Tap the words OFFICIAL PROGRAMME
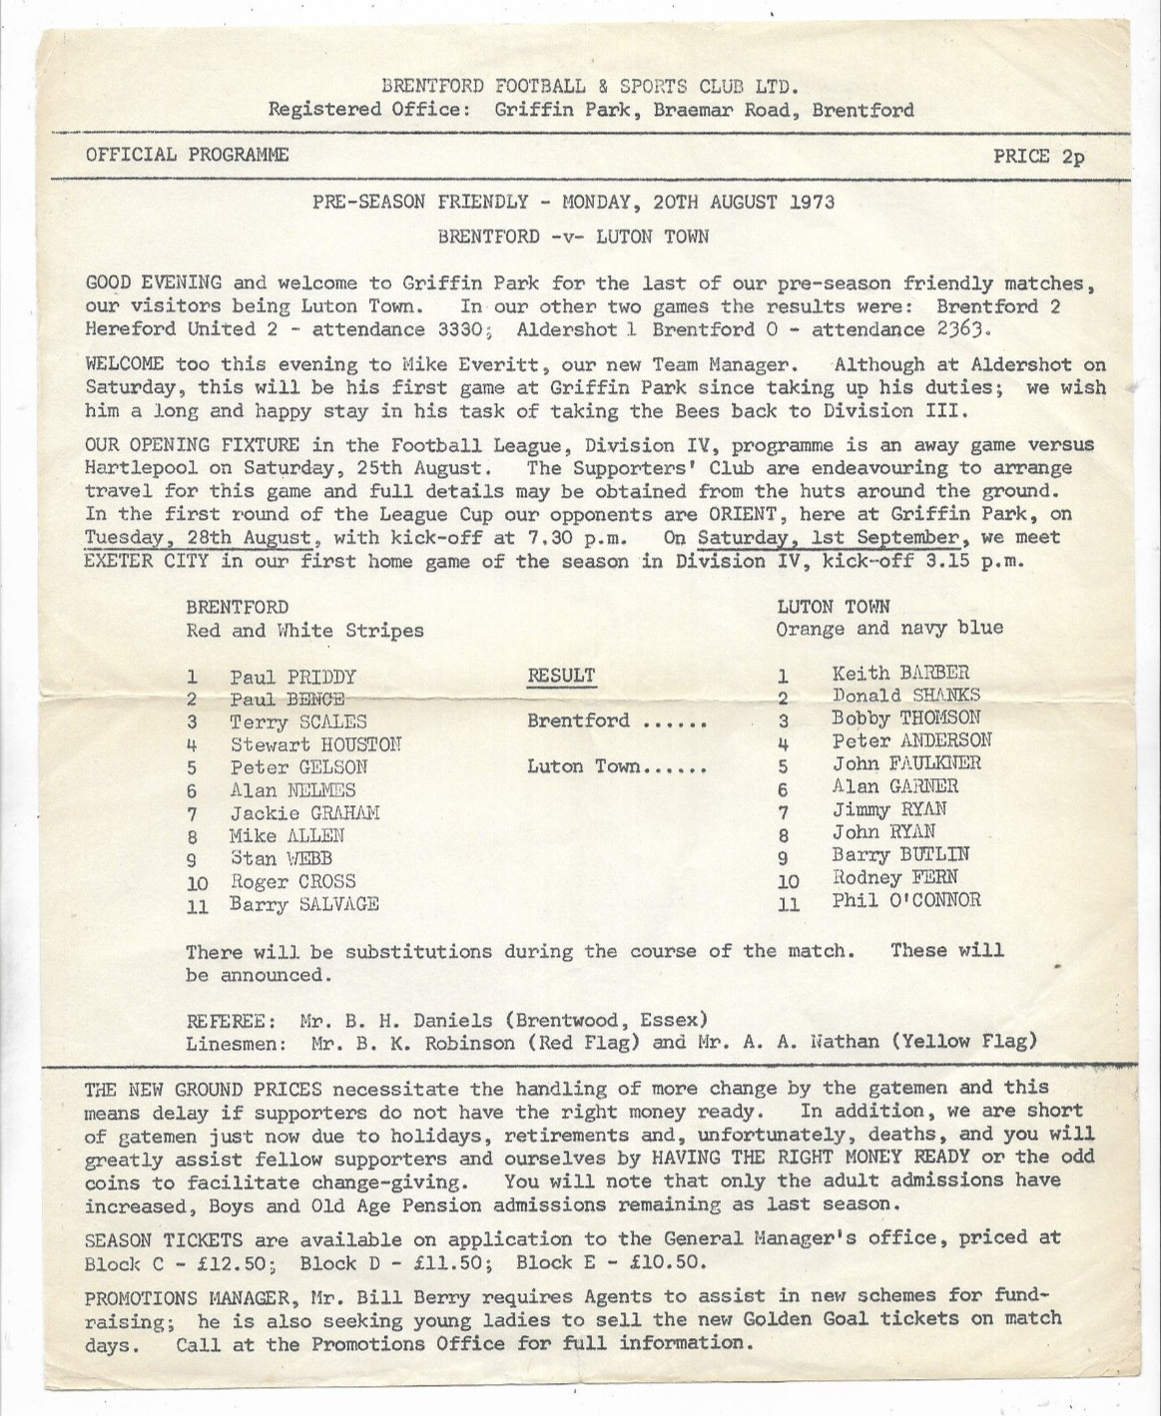click(188, 155)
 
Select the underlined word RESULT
click(561, 676)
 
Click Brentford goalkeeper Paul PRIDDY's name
click(292, 677)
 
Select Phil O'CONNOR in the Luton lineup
click(906, 900)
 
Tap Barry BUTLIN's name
click(900, 855)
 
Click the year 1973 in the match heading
click(812, 202)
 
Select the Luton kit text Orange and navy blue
click(889, 629)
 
